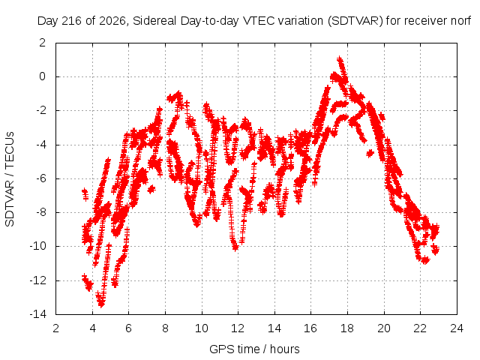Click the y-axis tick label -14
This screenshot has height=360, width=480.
click(38, 314)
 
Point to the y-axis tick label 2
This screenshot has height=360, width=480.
click(42, 43)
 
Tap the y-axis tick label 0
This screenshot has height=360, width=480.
click(42, 76)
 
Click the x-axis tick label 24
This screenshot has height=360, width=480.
click(457, 328)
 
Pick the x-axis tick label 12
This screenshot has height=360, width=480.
click(238, 328)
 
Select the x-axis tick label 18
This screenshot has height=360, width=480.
click(347, 328)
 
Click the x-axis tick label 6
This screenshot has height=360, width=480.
click(128, 328)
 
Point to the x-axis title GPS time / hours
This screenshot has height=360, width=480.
click(254, 349)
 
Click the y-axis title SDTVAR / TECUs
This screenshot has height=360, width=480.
click(10, 179)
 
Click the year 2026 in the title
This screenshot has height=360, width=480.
click(113, 21)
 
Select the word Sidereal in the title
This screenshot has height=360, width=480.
click(154, 21)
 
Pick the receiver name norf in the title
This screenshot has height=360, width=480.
click(460, 21)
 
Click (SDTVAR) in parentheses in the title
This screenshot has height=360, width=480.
click(355, 21)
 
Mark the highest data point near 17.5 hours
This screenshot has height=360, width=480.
click(339, 58)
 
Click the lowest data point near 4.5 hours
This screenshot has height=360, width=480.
click(101, 304)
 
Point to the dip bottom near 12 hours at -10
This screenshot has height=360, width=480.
click(235, 247)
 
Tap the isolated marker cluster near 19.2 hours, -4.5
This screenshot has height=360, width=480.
click(370, 153)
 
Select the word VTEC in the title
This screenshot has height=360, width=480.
click(256, 21)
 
